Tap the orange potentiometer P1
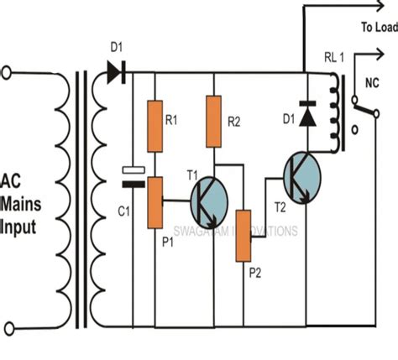click(x=155, y=202)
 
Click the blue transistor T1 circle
click(x=205, y=201)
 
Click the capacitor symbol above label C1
click(x=132, y=174)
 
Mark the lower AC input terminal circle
click(x=8, y=327)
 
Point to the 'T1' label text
click(x=191, y=174)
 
